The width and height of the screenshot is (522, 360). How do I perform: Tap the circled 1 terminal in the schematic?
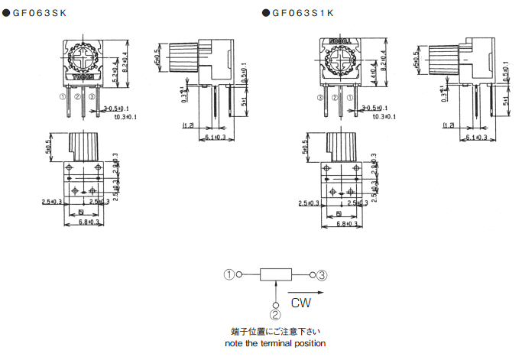pyautogui.click(x=229, y=274)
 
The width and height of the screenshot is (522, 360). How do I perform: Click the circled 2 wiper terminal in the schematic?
pyautogui.click(x=275, y=311)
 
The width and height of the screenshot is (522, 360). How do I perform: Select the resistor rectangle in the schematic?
pyautogui.click(x=275, y=274)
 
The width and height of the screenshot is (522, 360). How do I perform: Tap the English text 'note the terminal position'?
pyautogui.click(x=275, y=343)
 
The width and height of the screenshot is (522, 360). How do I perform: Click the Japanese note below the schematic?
pyautogui.click(x=275, y=332)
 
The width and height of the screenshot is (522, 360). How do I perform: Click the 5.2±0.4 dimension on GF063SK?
pyautogui.click(x=115, y=67)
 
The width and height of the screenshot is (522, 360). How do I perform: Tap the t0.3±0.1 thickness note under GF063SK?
pyautogui.click(x=120, y=117)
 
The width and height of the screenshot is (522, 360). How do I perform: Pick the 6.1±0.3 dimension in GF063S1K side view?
pyautogui.click(x=479, y=138)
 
